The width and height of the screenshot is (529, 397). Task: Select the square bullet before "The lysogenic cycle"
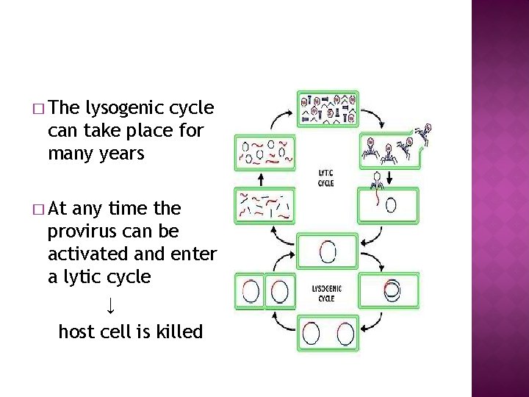coord(38,109)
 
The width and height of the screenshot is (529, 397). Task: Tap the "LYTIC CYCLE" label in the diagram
coord(325,178)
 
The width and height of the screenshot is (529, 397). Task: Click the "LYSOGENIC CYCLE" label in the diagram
coord(326,294)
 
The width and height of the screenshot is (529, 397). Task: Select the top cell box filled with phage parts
coord(328,108)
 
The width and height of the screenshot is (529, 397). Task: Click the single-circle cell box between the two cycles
coord(327,251)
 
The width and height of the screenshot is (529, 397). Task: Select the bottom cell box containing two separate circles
coord(327,332)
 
